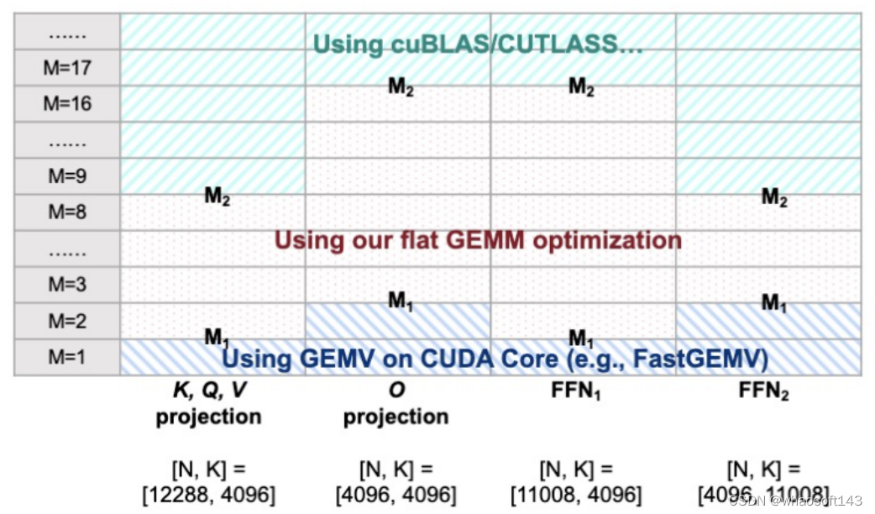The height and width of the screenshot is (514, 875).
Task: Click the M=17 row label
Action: click(66, 68)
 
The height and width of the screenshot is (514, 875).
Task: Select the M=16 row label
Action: click(66, 104)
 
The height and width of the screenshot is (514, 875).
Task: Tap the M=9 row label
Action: click(66, 177)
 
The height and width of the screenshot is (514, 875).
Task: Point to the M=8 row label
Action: click(66, 212)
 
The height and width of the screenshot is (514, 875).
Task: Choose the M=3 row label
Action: click(66, 285)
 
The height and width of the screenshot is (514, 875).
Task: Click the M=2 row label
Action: click(66, 321)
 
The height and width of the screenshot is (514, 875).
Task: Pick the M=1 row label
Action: click(66, 358)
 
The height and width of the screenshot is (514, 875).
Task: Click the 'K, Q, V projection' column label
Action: click(208, 404)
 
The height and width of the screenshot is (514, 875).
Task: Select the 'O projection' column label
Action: click(396, 404)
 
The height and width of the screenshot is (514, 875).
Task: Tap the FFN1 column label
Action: click(580, 392)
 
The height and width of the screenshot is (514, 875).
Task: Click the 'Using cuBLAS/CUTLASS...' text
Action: click(478, 45)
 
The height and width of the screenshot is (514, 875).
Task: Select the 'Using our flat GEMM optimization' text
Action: click(478, 240)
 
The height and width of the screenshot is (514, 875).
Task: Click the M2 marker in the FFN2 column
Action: click(775, 197)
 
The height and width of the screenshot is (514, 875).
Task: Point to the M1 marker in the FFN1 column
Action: click(582, 338)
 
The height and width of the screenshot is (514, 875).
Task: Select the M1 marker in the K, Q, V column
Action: click(217, 338)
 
